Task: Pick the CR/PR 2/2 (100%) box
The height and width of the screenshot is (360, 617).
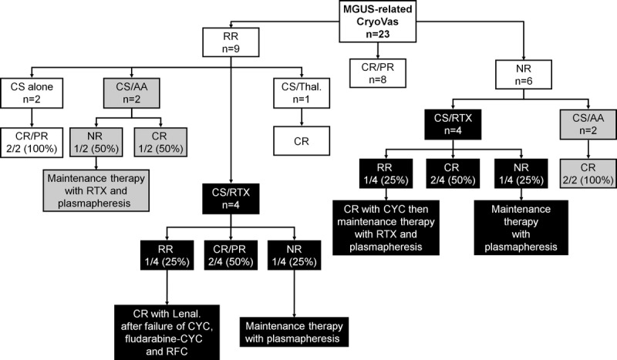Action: (31, 144)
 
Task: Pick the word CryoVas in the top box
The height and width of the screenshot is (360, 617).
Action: (373, 22)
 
